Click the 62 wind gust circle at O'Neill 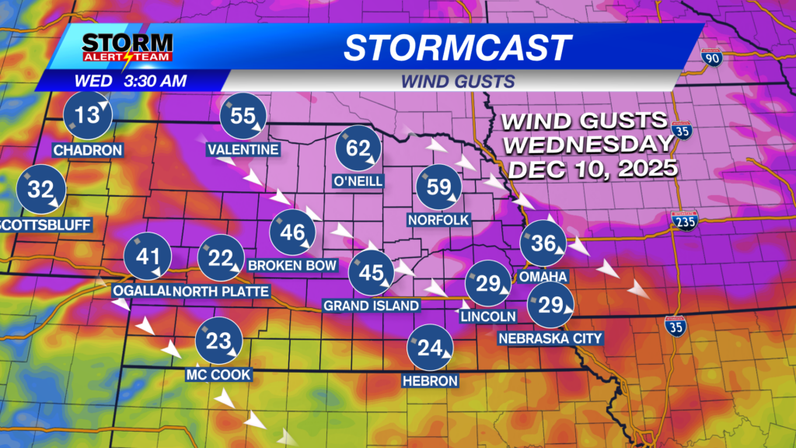pos(358,148)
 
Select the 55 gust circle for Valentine pos(243,117)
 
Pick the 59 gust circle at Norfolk pos(439,187)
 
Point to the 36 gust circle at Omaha pos(543,244)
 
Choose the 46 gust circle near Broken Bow pos(292,233)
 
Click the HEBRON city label pos(430,381)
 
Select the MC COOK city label pos(218,375)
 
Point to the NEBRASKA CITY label pos(550,338)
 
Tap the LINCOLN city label pos(488,317)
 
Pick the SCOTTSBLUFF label pos(47,226)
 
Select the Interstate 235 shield pos(684,220)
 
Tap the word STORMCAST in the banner pos(458,47)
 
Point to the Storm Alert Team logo pos(127,47)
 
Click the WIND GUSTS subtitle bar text pos(459,80)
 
